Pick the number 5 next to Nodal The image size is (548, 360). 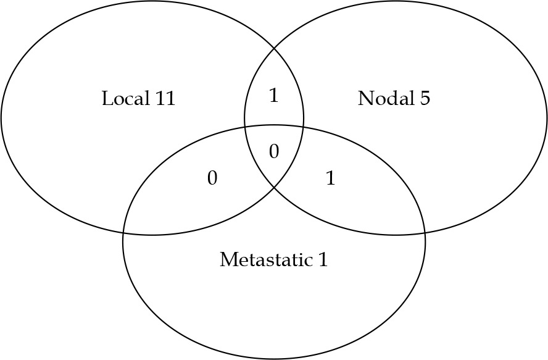425,98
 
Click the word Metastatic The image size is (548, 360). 267,259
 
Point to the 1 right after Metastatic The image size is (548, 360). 323,259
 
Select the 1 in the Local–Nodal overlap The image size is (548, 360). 274,96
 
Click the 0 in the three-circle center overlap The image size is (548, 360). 274,151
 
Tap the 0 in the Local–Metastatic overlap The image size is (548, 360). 212,178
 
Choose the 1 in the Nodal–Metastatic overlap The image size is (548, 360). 330,178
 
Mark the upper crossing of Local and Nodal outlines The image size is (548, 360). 275,48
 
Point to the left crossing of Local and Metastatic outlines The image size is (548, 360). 123,233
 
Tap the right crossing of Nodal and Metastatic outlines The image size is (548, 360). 425,233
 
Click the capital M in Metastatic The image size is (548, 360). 227,259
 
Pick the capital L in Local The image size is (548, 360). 107,98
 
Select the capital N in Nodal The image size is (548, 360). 364,98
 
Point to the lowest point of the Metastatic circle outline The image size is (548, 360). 274,358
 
